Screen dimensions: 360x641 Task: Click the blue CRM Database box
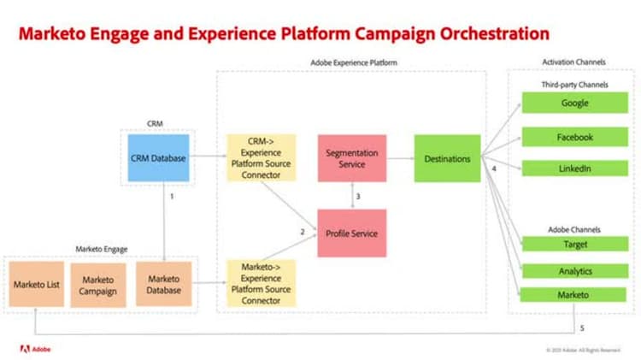[x=158, y=157]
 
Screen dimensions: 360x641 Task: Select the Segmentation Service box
[x=351, y=158]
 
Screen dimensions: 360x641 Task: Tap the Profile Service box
[x=351, y=233]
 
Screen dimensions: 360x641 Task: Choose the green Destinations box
[x=447, y=158]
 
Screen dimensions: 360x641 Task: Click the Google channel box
[x=574, y=103]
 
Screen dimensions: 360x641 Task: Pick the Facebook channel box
[x=574, y=137]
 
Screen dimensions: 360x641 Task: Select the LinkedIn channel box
[x=574, y=168]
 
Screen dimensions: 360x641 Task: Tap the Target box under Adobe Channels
[x=574, y=245]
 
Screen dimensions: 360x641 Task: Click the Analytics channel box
[x=574, y=271]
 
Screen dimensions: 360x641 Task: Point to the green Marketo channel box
[x=574, y=296]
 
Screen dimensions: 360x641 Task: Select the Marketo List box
[x=36, y=285]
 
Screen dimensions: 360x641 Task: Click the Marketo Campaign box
[x=97, y=285]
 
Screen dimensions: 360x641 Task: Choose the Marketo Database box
[x=163, y=285]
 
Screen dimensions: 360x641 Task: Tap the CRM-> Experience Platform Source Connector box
[x=261, y=157]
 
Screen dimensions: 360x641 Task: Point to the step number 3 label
[x=357, y=197]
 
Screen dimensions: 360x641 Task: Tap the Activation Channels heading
[x=573, y=62]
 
